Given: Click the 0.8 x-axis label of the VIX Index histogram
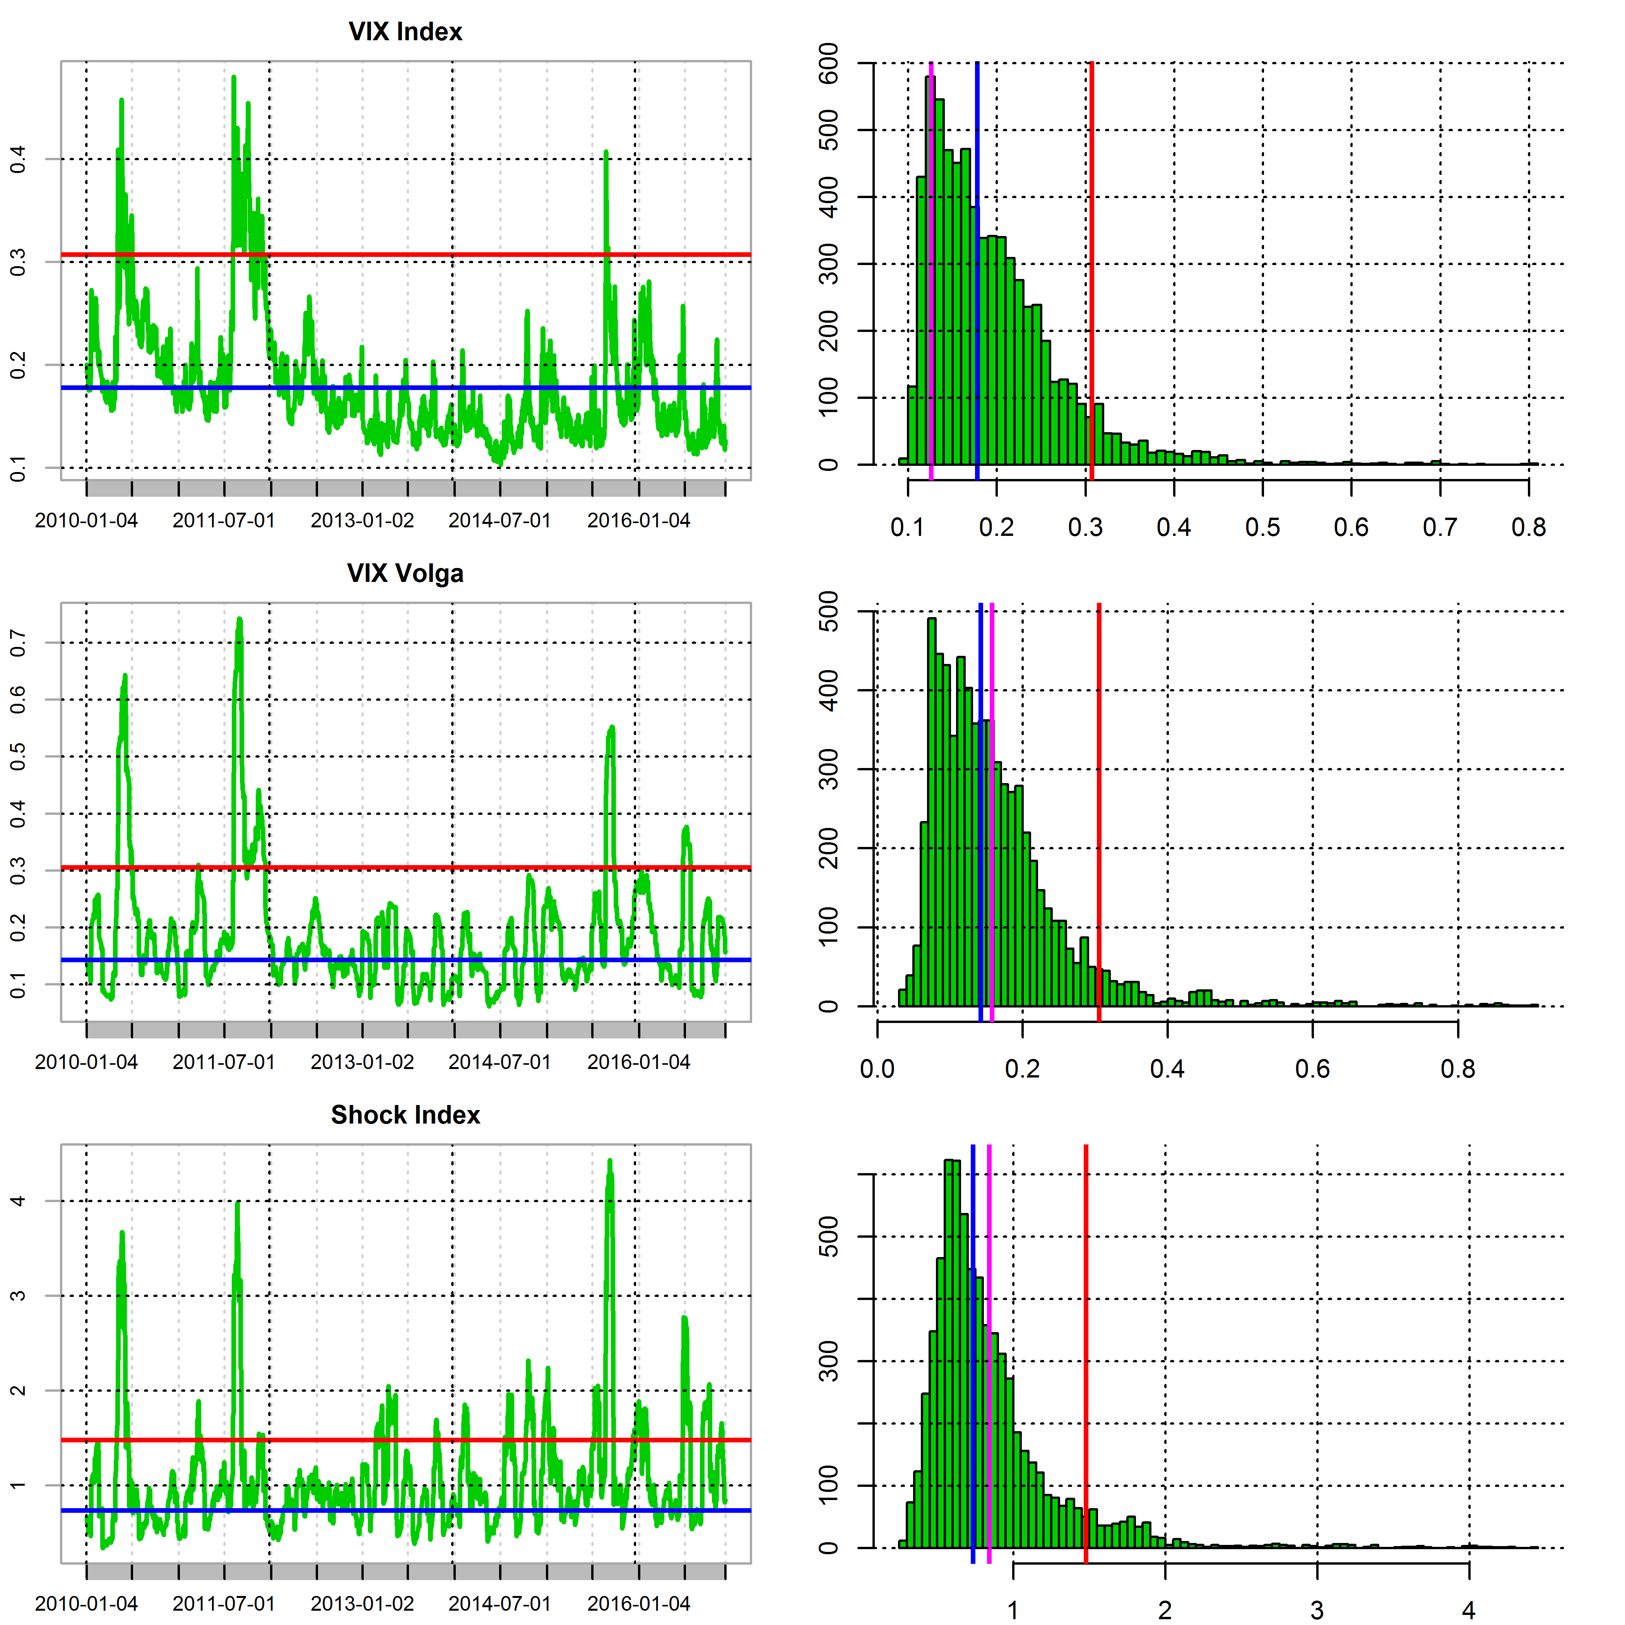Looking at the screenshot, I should pos(1528,527).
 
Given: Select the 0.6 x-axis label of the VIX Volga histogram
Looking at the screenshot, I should pos(1312,1069).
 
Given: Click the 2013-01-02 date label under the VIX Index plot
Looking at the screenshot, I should pos(363,521).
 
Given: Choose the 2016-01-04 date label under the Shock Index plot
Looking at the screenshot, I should pos(638,1604).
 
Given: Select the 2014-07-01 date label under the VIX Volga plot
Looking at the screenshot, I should pos(499,1062).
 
